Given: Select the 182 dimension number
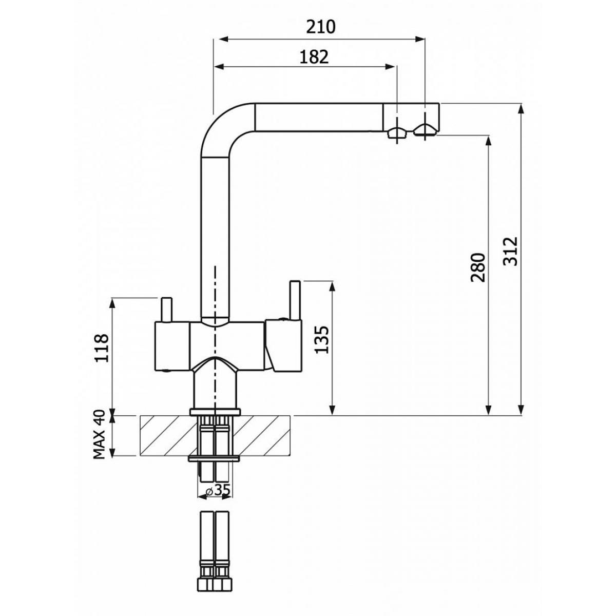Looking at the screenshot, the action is [x=314, y=57].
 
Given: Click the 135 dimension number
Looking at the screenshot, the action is [x=321, y=339].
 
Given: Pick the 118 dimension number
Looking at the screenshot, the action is [x=102, y=348].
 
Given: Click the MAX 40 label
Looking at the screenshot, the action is [x=99, y=434].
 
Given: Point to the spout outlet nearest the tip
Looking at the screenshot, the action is [x=424, y=130].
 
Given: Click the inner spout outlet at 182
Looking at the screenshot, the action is [x=397, y=132].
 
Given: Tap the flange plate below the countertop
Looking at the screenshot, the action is [x=214, y=459].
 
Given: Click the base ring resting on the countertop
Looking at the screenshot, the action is [x=215, y=412].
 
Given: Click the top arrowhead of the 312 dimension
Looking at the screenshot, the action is [x=522, y=109].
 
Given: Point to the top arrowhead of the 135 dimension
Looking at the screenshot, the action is [x=333, y=287].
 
